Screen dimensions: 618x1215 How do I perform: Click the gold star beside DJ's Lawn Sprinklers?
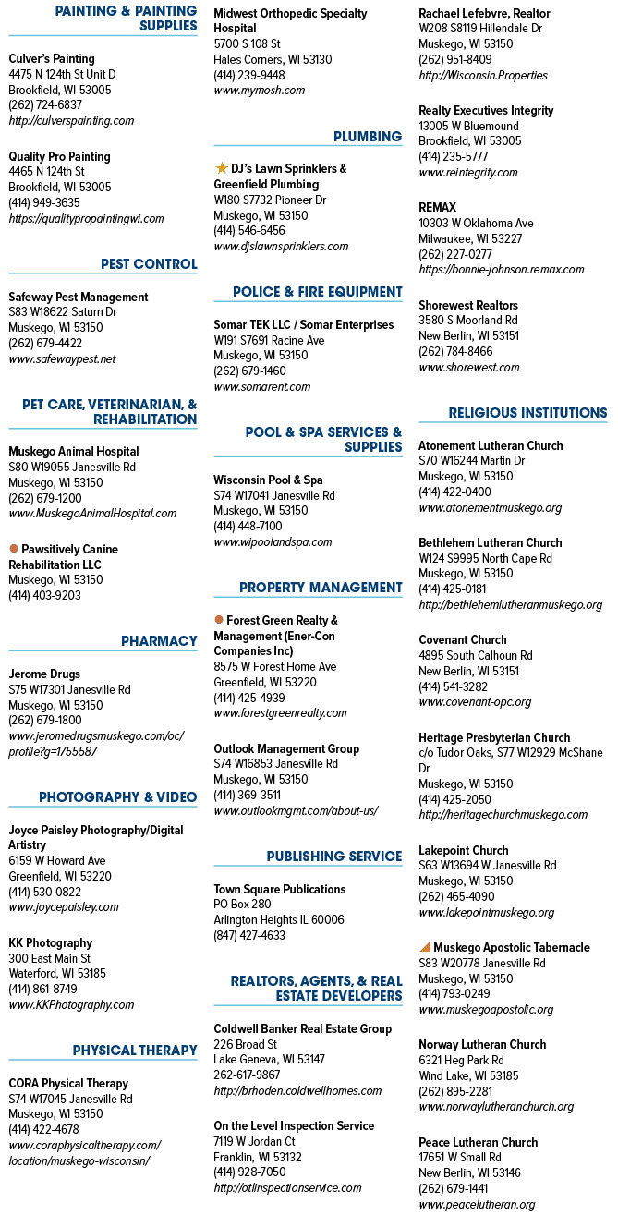point(221,168)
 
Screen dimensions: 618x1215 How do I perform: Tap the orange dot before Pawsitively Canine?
point(14,549)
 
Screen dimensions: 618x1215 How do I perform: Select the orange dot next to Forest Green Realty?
point(219,619)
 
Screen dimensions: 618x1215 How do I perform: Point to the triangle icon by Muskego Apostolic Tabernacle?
point(425,947)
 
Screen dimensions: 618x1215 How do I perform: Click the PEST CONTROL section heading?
point(149,264)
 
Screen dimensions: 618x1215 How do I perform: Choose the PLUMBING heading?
point(368,136)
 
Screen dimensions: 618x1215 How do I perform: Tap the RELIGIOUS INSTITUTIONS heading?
point(527,413)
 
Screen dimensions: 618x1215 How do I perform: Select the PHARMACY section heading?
point(159,640)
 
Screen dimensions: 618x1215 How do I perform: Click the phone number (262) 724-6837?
point(45,104)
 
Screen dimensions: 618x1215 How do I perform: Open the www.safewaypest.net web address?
point(62,359)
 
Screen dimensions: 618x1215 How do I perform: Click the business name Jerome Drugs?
point(44,674)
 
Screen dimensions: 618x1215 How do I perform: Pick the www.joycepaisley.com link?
point(64,907)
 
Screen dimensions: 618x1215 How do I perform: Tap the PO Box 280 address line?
point(242,904)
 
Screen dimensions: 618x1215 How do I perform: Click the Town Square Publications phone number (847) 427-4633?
point(249,935)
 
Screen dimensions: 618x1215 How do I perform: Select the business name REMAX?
point(437,207)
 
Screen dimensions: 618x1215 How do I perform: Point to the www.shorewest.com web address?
point(469,367)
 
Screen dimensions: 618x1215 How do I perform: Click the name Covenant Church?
point(463,639)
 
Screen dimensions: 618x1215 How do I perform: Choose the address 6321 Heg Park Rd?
point(461,1060)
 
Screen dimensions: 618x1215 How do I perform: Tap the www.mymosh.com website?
point(260,90)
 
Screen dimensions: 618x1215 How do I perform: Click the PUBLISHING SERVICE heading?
point(333,856)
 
